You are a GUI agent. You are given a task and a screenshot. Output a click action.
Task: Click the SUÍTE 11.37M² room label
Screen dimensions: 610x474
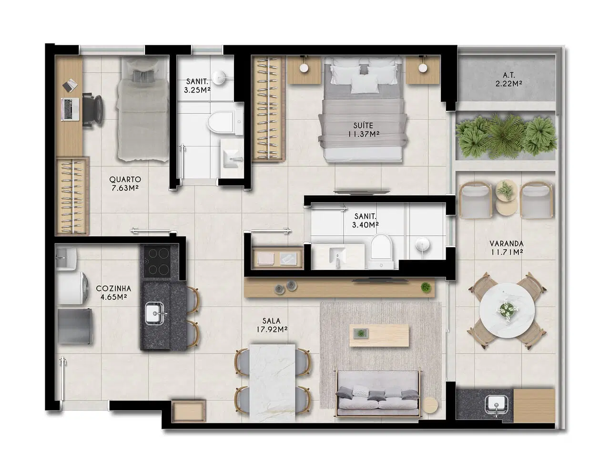click(364, 129)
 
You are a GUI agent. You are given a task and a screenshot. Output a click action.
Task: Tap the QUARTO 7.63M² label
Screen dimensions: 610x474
click(125, 184)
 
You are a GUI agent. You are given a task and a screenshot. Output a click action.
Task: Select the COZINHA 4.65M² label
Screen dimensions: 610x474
click(113, 292)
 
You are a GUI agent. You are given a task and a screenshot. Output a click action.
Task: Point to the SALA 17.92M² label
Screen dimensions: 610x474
click(272, 325)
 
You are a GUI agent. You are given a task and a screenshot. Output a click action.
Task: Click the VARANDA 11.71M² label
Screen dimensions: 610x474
click(507, 247)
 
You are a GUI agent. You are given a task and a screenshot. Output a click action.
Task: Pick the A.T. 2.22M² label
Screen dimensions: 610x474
click(508, 79)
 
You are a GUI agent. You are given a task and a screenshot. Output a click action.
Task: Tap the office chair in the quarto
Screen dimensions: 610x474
click(92, 111)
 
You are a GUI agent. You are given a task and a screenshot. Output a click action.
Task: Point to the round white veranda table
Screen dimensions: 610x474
click(507, 310)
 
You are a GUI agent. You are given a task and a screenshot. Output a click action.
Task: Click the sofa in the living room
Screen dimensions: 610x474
click(378, 393)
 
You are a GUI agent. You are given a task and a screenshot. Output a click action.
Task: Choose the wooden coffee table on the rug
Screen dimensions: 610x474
click(379, 335)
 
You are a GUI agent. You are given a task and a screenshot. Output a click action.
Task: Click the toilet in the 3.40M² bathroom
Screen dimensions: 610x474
click(381, 250)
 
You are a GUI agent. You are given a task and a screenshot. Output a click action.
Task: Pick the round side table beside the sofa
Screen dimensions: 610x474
click(430, 405)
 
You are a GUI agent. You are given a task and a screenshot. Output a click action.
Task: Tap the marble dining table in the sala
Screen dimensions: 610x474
click(272, 382)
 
